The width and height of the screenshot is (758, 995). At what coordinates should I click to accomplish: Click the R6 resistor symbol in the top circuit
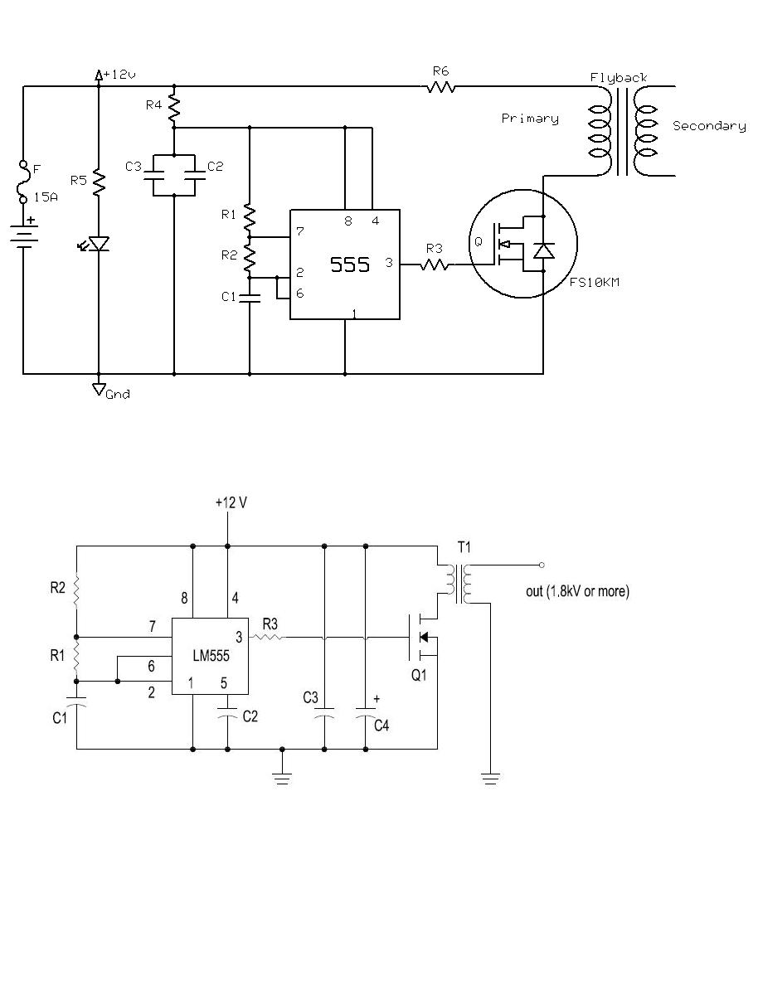click(x=440, y=86)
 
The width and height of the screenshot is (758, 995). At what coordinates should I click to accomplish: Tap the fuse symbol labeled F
click(x=22, y=182)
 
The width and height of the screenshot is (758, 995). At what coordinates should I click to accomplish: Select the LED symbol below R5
click(x=96, y=245)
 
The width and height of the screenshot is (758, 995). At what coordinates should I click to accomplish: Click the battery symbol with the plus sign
click(x=23, y=233)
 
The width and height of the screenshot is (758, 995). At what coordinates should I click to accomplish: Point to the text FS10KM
click(x=594, y=283)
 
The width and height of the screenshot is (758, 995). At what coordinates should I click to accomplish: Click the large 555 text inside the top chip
click(x=349, y=265)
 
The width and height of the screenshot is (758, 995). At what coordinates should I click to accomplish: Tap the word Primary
click(x=529, y=119)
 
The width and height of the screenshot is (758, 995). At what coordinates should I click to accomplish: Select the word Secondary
click(x=709, y=126)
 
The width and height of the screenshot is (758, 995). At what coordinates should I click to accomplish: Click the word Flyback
click(x=619, y=78)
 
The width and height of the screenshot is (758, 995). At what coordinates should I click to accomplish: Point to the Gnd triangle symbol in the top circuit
click(x=99, y=389)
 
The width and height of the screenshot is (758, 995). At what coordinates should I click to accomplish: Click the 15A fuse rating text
click(x=46, y=197)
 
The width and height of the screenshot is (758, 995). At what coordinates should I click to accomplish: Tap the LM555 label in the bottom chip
click(x=211, y=656)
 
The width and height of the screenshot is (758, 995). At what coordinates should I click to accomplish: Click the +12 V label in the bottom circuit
click(x=231, y=502)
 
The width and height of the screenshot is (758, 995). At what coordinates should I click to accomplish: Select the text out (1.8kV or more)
click(x=577, y=591)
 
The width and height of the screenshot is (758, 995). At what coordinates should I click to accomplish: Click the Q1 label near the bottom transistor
click(x=419, y=676)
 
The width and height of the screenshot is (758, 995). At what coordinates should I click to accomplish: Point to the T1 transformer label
click(x=464, y=547)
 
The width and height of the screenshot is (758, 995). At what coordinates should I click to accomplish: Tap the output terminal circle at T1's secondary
click(x=542, y=565)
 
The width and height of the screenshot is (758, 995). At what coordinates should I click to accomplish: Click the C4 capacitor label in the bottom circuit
click(x=381, y=726)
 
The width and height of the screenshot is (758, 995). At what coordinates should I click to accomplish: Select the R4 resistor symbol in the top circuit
click(x=174, y=109)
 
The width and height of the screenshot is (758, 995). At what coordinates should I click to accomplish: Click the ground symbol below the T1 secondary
click(x=490, y=779)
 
